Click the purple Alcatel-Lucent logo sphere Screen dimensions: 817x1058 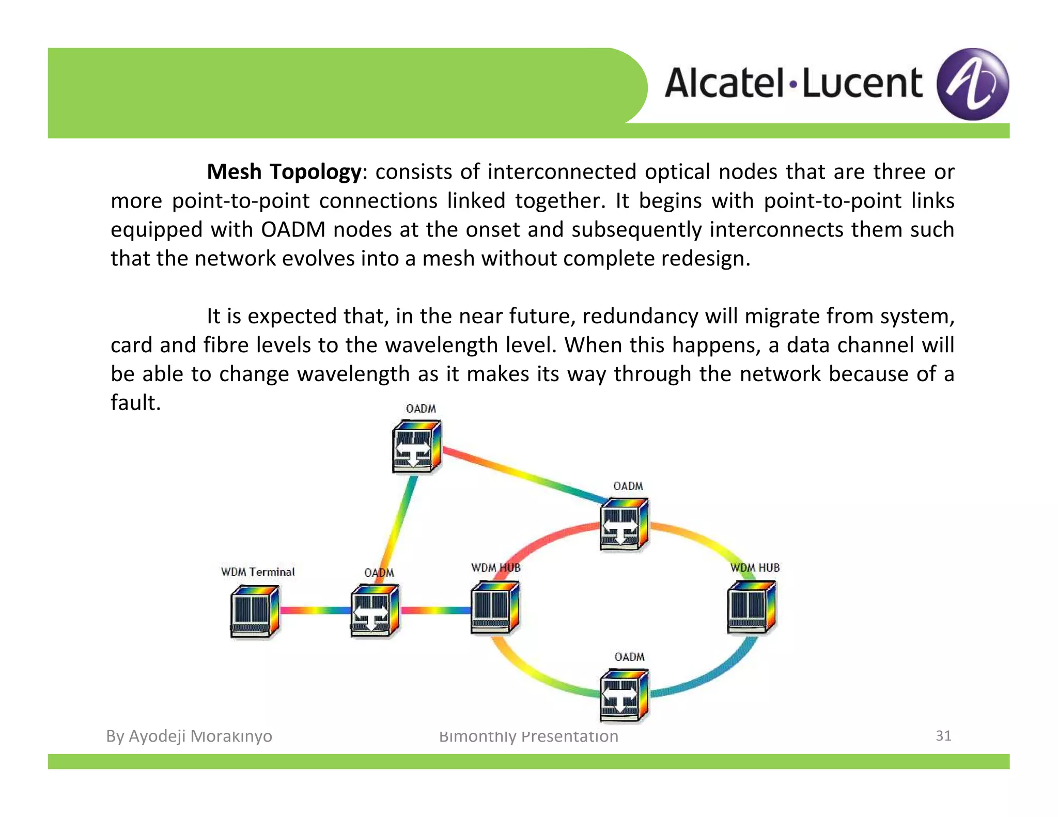click(972, 84)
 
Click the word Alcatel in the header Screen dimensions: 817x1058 click(725, 84)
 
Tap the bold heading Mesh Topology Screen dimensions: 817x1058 click(284, 172)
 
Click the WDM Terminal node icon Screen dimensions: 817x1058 click(255, 611)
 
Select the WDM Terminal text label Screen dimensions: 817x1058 click(258, 572)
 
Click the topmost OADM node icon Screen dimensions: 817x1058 click(416, 447)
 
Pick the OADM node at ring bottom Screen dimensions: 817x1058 click(624, 695)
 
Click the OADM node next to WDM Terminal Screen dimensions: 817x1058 click(375, 611)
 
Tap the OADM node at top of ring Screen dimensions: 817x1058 click(624, 524)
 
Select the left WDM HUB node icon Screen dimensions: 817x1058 click(495, 607)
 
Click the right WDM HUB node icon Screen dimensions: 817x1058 click(751, 607)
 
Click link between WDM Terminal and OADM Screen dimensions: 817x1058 click(315, 610)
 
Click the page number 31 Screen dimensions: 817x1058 click(943, 735)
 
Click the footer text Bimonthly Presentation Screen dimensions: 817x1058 click(528, 736)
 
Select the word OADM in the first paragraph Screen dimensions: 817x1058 click(293, 230)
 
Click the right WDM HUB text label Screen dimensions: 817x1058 click(755, 568)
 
